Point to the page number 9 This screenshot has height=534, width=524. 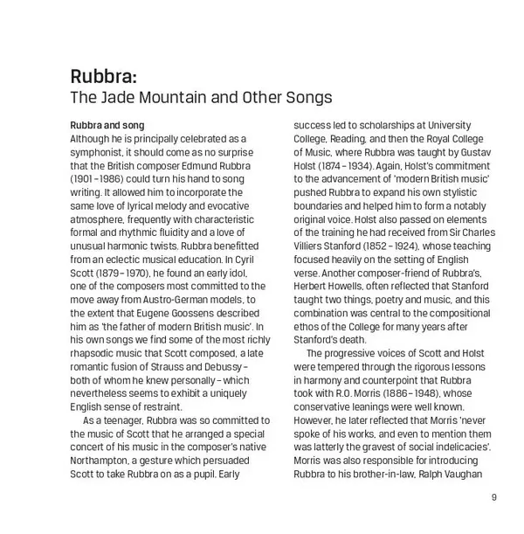[493, 498]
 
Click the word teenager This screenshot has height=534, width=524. [129, 420]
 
